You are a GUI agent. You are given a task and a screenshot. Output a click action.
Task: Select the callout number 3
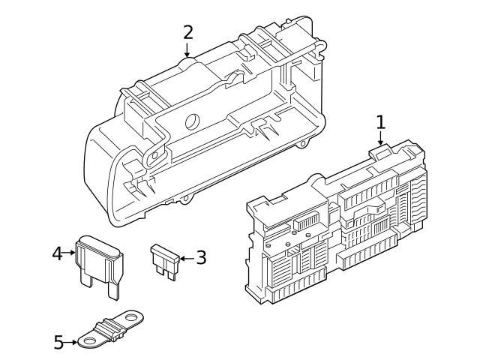[x=200, y=258]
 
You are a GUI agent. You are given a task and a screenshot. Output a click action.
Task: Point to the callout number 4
[x=57, y=253]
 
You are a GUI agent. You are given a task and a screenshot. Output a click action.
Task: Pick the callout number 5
[x=59, y=342]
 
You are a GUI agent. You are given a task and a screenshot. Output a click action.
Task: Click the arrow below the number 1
[x=380, y=136]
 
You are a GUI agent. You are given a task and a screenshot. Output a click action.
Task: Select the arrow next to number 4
[x=70, y=253]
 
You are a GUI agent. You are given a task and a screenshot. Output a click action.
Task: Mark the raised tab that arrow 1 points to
[x=380, y=151]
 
